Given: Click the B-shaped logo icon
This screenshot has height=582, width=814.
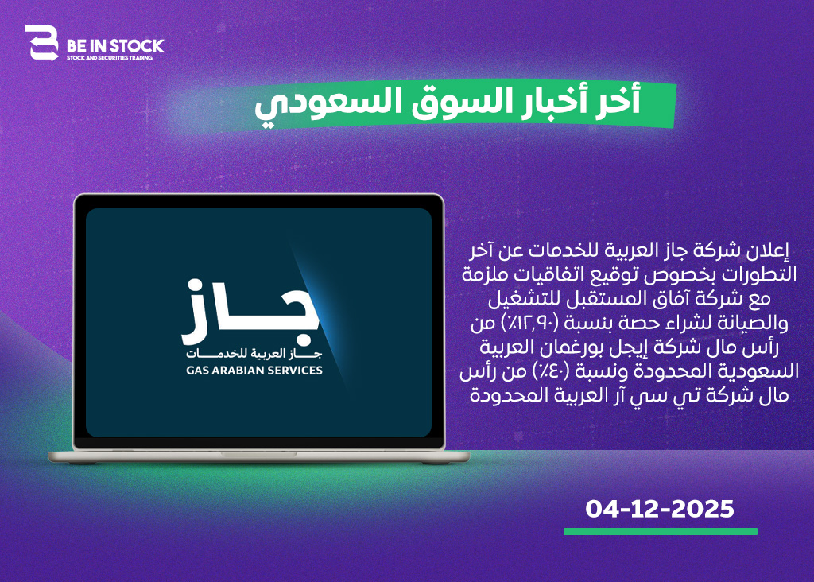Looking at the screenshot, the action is tap(41, 43).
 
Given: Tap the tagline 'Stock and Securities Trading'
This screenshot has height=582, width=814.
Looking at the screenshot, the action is tap(110, 58).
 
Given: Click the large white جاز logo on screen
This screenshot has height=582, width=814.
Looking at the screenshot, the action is tap(250, 312).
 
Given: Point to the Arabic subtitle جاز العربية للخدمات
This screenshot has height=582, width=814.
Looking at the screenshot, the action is tap(254, 354).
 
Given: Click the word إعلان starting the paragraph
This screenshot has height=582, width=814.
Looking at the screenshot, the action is tap(768, 250).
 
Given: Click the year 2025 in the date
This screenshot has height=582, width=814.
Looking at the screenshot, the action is tap(703, 509).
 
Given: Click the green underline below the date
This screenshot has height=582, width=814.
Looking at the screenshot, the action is tap(661, 531).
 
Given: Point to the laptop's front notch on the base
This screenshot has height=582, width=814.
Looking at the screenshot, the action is tap(259, 454).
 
